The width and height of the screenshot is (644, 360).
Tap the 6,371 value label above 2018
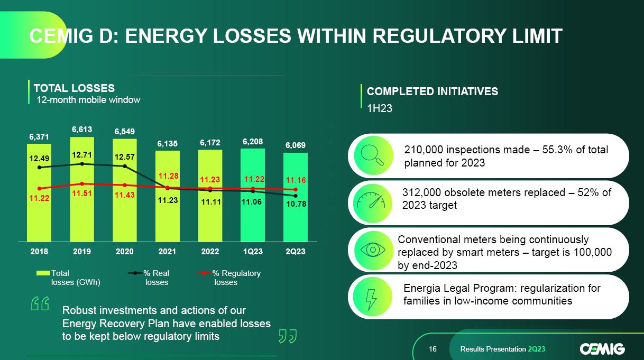point(39,136)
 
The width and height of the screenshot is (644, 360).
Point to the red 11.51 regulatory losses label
point(82,193)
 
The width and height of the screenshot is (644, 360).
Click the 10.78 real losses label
point(296,204)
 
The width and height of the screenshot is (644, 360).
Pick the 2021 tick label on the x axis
point(168,252)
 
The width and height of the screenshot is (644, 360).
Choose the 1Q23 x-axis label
point(253,252)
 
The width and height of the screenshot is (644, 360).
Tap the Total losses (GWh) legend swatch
point(43,273)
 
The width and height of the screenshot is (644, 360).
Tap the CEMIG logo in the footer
point(602,349)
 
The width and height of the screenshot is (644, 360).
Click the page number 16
point(433,349)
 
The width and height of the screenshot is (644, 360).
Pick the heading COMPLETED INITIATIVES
point(433,91)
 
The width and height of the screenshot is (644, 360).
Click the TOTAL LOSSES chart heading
point(74,88)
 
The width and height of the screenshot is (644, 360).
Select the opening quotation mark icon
point(40,304)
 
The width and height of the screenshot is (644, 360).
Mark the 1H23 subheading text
point(380,108)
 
